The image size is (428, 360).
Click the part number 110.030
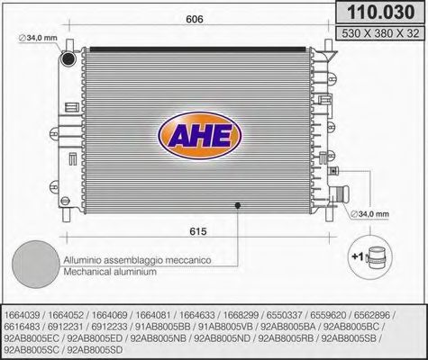click(381, 13)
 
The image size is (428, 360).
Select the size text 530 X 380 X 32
click(380, 33)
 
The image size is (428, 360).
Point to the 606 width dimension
click(195, 19)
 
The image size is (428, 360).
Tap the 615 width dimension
click(198, 231)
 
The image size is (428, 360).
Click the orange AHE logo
click(200, 136)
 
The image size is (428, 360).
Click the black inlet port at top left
click(68, 58)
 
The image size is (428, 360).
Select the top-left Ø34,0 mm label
click(38, 38)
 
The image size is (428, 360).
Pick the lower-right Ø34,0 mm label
click(369, 214)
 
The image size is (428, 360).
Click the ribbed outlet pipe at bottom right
click(340, 194)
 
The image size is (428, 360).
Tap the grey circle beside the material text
click(36, 265)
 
